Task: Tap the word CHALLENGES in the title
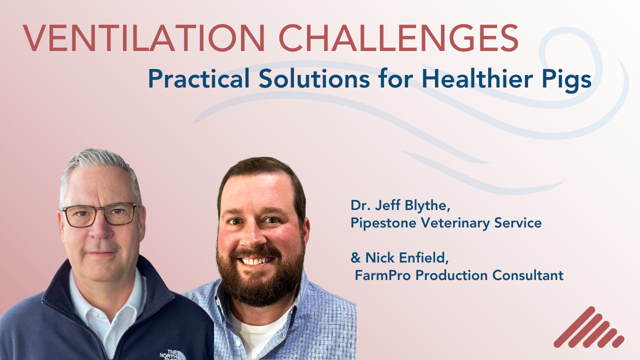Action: (x=399, y=38)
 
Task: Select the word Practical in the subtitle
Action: (x=199, y=79)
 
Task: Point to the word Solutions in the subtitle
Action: (x=314, y=79)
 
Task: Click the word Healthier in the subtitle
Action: (x=477, y=79)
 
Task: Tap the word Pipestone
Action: (x=383, y=223)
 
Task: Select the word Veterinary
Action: (x=455, y=223)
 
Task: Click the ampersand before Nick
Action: (x=355, y=257)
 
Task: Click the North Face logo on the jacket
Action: (x=172, y=354)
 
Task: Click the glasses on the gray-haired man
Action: (x=100, y=214)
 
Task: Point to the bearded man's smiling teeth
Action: (x=256, y=261)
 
